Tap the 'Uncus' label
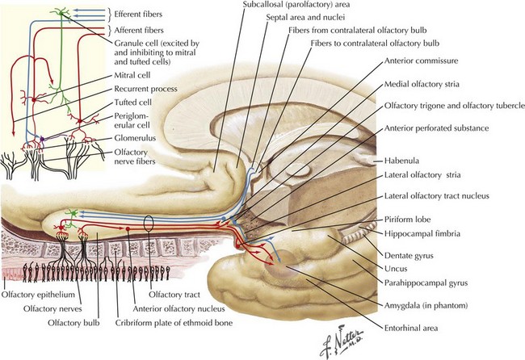401,268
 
